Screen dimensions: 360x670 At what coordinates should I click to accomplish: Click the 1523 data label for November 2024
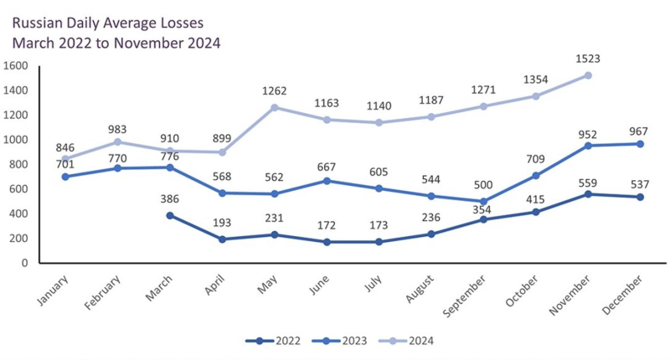[589, 60]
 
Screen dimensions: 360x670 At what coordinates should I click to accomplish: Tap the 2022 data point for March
[170, 215]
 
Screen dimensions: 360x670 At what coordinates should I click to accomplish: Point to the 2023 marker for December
[641, 144]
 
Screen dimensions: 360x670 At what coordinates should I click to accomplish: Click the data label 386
[171, 200]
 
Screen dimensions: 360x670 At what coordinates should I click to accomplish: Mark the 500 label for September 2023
[484, 186]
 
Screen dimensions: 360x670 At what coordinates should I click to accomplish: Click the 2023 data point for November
[589, 146]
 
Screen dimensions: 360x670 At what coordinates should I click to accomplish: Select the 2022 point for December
[641, 197]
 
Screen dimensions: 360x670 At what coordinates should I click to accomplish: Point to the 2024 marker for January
[66, 159]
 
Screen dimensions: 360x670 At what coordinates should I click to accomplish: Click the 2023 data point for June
[327, 181]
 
